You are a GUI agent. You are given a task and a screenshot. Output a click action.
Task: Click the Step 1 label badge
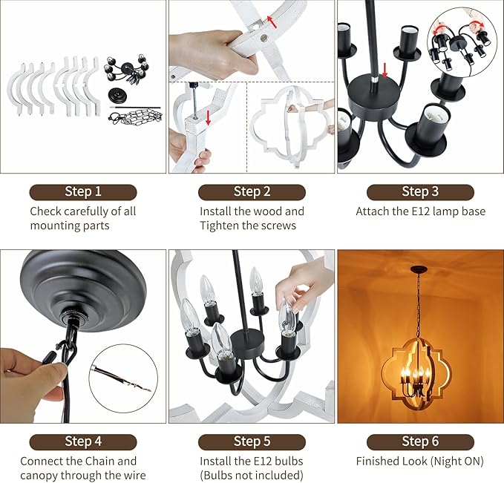point(83,192)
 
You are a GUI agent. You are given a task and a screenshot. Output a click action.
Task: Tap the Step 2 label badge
point(252,192)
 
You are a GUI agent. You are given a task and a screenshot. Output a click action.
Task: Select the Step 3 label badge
point(420,192)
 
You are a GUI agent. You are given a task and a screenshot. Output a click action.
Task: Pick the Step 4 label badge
point(83,442)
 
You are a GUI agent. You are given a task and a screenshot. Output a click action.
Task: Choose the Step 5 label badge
point(252,442)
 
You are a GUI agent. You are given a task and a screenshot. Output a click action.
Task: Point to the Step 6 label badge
point(420,442)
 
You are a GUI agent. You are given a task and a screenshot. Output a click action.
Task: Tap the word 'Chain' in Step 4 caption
point(100,461)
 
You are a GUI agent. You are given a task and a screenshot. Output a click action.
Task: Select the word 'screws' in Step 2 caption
point(278,226)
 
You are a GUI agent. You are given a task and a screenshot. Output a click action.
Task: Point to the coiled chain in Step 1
point(135,117)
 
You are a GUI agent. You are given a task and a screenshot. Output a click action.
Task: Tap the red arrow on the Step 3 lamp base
point(384,70)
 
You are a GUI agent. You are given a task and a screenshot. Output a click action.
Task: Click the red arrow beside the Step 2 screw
point(209,118)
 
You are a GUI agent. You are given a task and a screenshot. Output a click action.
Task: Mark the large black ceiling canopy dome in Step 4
point(83,291)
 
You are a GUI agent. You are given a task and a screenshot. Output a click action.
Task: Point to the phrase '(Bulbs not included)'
point(252,475)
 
